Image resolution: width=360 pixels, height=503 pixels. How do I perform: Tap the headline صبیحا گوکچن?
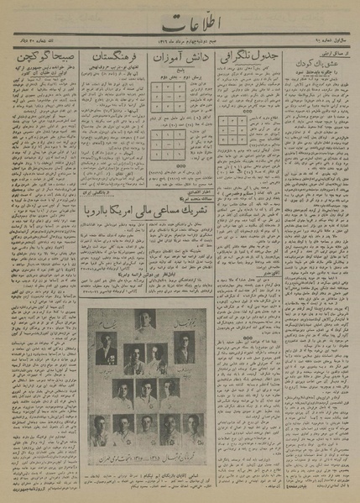(42, 60)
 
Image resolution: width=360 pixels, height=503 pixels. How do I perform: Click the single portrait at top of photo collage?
(144, 320)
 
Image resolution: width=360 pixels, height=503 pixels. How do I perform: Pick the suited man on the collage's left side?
(104, 348)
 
